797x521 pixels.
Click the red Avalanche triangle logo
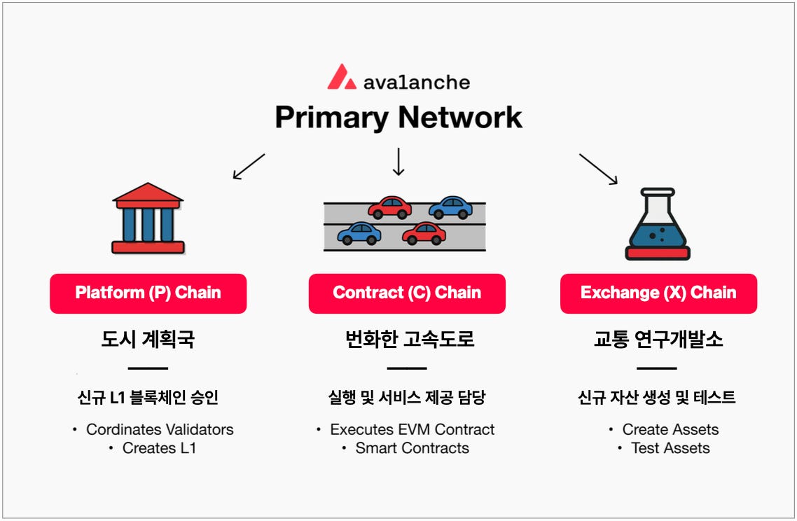click(341, 77)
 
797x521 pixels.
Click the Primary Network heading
click(398, 117)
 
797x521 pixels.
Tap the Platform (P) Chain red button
click(148, 293)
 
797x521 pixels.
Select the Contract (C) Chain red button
click(407, 293)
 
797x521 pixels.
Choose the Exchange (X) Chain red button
click(658, 293)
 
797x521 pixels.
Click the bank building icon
click(148, 218)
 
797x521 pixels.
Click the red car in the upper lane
click(389, 207)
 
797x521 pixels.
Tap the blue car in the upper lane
click(450, 207)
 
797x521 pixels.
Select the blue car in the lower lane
click(359, 233)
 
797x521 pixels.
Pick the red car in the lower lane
click(424, 233)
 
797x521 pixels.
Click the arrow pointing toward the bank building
click(249, 167)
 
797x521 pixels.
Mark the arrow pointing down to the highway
click(398, 161)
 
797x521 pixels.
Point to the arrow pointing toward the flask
click(598, 169)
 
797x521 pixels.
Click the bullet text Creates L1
click(159, 448)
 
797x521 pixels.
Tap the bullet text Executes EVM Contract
click(412, 429)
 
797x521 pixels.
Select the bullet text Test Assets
click(670, 448)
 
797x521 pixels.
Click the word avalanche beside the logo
click(417, 82)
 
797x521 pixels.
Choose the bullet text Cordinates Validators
click(160, 429)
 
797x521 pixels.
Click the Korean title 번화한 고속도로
click(410, 340)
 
